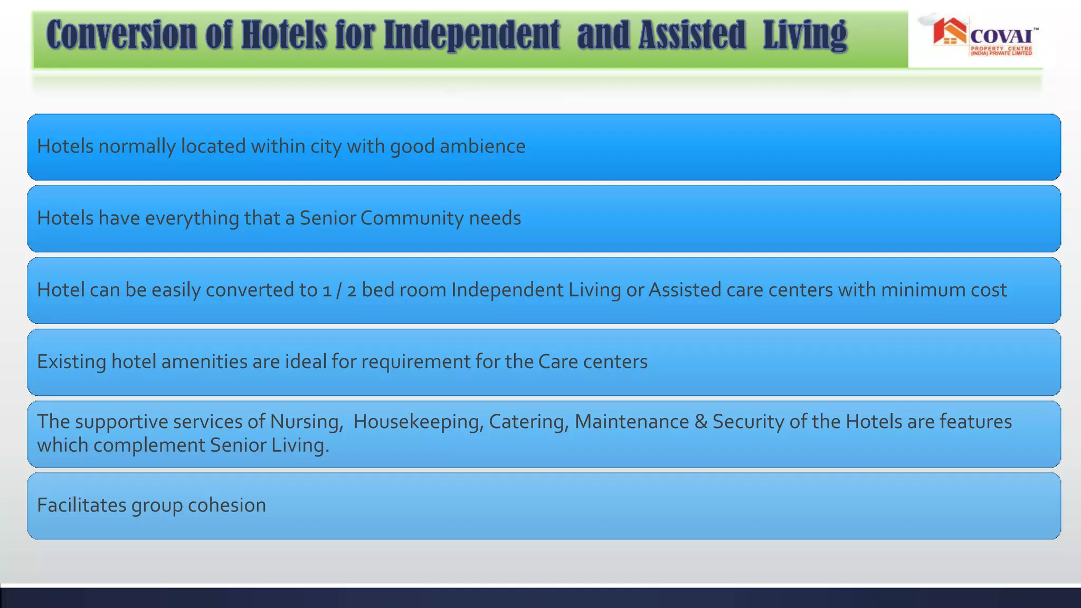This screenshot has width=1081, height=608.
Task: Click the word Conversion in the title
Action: click(121, 35)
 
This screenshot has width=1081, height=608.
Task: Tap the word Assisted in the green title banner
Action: click(692, 35)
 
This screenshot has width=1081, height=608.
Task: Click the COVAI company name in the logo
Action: click(1001, 37)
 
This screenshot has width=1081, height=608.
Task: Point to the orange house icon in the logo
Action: click(949, 32)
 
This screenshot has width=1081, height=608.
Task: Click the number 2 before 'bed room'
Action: click(352, 290)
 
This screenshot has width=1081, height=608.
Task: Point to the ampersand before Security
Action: click(701, 422)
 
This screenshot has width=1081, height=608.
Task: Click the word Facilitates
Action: click(81, 505)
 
